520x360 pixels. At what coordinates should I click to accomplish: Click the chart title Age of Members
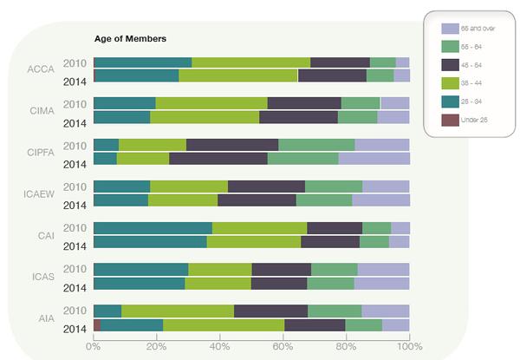click(130, 39)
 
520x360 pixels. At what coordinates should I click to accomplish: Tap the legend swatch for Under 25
click(450, 119)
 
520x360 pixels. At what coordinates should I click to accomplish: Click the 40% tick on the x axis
click(220, 345)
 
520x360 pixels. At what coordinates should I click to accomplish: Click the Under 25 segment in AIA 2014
click(97, 325)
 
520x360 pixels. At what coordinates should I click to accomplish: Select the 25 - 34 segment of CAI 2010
click(153, 227)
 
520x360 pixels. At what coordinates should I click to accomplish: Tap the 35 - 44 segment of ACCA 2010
click(250, 62)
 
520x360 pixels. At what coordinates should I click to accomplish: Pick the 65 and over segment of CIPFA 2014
click(374, 159)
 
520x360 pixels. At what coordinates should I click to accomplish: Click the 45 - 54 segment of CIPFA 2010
click(232, 145)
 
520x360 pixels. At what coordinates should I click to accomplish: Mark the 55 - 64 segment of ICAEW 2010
click(334, 186)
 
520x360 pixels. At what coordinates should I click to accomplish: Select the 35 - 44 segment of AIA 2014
click(224, 325)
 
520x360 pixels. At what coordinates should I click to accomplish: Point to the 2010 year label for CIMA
click(75, 104)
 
